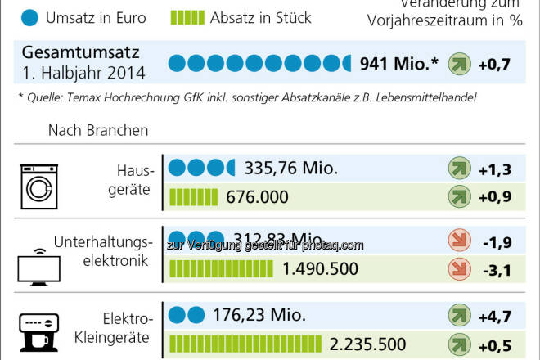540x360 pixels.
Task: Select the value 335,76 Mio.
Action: pyautogui.click(x=290, y=169)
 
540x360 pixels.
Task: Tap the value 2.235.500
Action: pyautogui.click(x=367, y=343)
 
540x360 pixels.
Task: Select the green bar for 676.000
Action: pyautogui.click(x=192, y=197)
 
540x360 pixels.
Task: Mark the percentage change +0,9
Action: pyautogui.click(x=494, y=197)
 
